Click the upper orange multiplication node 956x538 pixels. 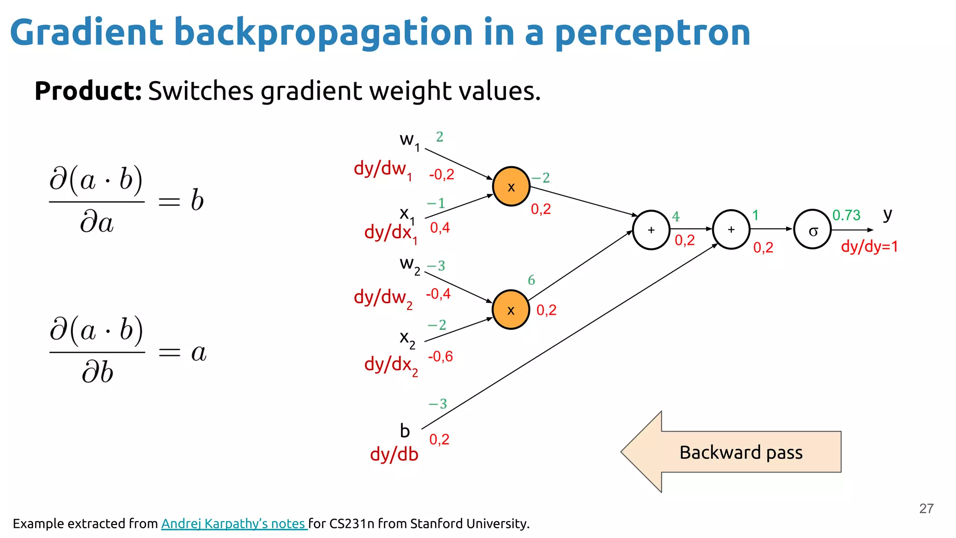pos(511,186)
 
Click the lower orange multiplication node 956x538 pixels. pos(511,310)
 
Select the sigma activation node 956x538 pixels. pos(812,229)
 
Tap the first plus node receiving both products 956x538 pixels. pos(651,230)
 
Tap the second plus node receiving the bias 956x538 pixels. pos(731,229)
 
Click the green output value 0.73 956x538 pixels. pos(846,215)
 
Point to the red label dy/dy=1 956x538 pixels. pos(869,246)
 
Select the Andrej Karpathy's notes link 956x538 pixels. pos(234,524)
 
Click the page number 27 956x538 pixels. pos(926,508)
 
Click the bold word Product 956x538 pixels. pos(88,91)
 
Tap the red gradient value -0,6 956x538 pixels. pos(440,357)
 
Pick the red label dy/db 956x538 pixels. pos(394,454)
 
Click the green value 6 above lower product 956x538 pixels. pos(531,280)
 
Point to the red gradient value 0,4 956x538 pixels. pos(440,228)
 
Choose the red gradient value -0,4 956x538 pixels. pos(438,294)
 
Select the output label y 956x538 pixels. pos(887,214)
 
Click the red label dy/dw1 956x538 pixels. pos(383,169)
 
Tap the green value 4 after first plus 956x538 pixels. pos(675,216)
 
